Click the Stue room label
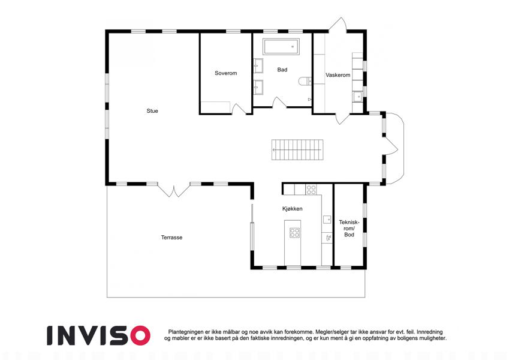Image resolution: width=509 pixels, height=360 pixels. tap(152, 111)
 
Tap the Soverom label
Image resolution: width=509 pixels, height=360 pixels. tap(225, 73)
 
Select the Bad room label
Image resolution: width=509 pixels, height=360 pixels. tap(282, 70)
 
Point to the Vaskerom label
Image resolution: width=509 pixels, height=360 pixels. tap(338, 75)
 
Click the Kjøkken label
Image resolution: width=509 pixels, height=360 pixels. tap(292, 209)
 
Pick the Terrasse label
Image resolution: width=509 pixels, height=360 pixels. tap(171, 238)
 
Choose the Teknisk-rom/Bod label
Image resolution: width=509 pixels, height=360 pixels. tap(349, 228)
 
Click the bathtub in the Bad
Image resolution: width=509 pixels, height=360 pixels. tap(281, 47)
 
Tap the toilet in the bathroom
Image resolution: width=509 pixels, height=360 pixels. tap(305, 81)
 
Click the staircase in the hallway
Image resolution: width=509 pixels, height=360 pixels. tap(297, 150)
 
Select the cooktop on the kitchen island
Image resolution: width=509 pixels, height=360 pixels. tap(295, 233)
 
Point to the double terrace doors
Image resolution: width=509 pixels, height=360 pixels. tap(174, 190)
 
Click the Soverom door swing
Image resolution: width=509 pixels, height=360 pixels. tap(239, 109)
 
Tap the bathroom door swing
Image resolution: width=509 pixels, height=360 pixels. tap(279, 103)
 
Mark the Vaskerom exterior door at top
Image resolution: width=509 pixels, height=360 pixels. tap(338, 25)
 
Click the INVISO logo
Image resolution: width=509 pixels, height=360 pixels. tap(98, 335)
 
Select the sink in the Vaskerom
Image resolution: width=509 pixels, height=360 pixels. tap(357, 97)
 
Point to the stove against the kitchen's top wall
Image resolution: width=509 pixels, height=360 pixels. tap(311, 190)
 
